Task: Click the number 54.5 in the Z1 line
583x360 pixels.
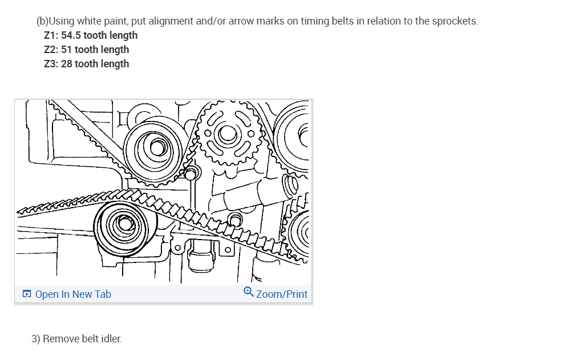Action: coord(71,35)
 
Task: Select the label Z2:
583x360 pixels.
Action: coord(51,50)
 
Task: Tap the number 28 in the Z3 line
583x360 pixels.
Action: coord(67,64)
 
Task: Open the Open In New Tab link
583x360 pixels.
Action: coord(73,294)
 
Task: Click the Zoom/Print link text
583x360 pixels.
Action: coord(282,294)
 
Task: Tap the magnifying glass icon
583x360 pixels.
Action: coord(248,292)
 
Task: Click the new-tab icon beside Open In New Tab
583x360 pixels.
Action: coord(27,294)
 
